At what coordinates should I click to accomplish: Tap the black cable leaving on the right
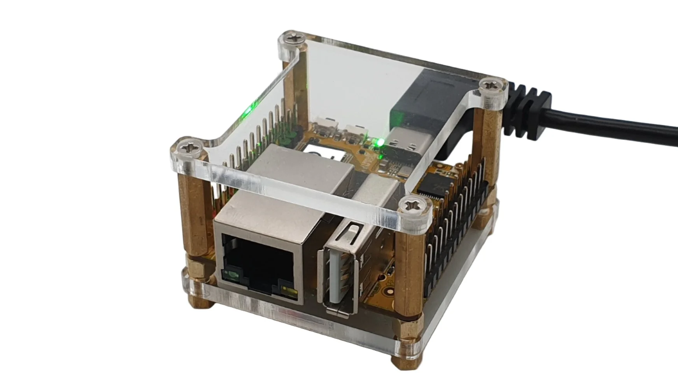(x=622, y=128)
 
